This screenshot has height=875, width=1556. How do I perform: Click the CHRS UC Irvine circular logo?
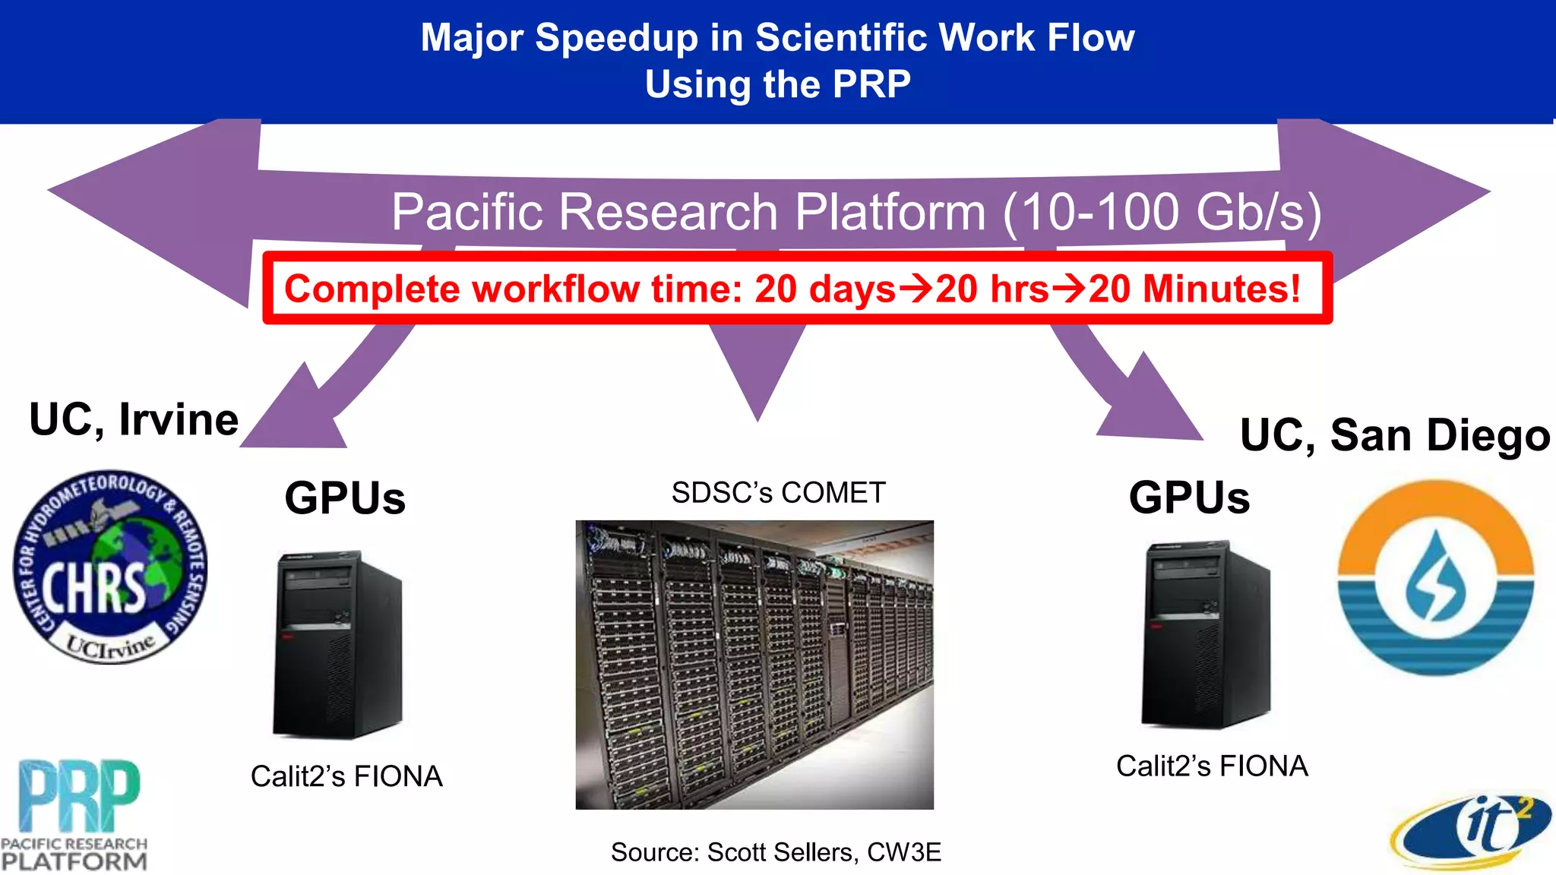(110, 567)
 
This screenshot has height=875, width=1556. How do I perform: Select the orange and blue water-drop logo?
(1435, 577)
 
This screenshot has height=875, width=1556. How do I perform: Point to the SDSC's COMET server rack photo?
(754, 665)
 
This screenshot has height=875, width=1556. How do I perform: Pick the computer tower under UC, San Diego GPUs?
(1207, 634)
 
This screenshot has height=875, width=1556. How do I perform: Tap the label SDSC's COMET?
(778, 493)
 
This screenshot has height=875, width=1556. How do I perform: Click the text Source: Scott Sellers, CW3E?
(776, 852)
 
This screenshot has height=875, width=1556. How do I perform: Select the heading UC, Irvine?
(134, 419)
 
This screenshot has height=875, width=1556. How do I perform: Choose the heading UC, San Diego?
(1395, 435)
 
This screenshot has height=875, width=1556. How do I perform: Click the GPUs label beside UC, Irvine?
(345, 498)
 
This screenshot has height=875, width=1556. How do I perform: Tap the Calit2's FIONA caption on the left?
(346, 776)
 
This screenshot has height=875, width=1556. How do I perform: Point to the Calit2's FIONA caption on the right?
(1212, 766)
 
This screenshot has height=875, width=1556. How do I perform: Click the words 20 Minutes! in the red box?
(1194, 289)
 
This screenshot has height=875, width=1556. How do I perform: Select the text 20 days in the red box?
(825, 289)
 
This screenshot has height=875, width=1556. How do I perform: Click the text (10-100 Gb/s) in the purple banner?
(1162, 212)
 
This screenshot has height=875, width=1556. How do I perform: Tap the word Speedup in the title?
(616, 38)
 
